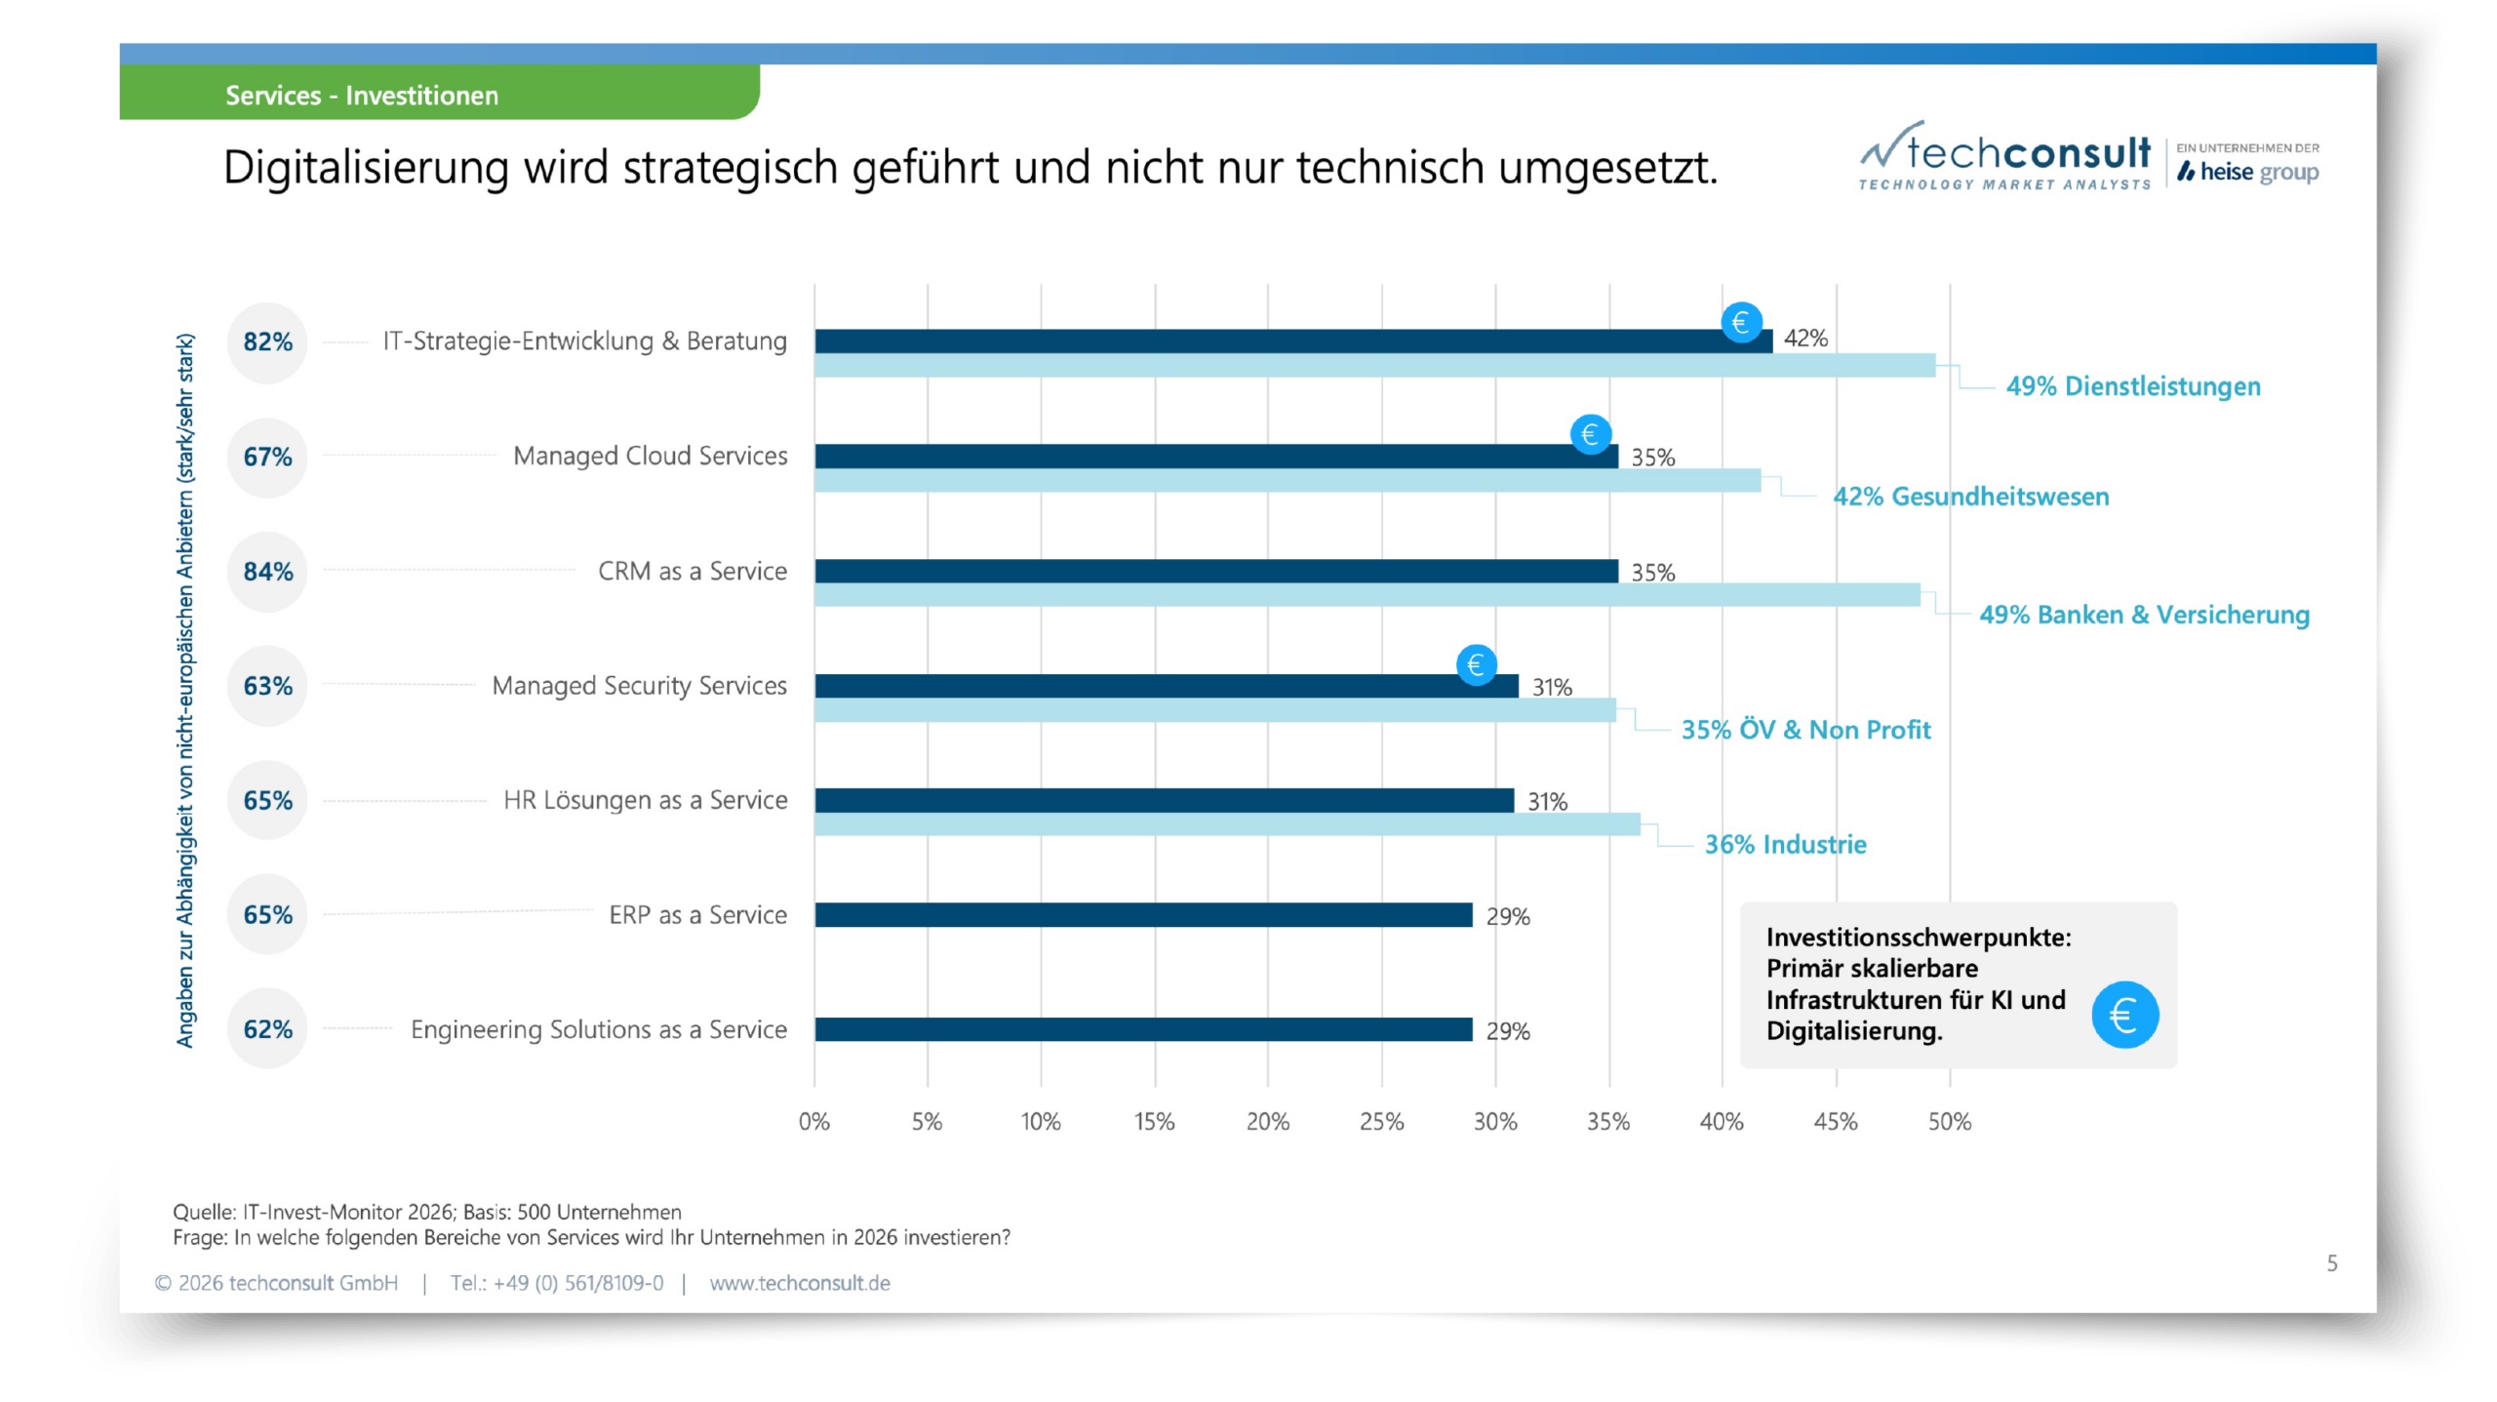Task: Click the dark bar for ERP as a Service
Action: point(1143,915)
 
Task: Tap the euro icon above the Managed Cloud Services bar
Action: point(1590,434)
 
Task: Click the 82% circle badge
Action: point(267,342)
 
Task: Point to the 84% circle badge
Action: point(267,572)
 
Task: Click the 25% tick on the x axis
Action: point(1381,1122)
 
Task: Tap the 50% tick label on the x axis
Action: point(1949,1122)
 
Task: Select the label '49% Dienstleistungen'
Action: point(2132,386)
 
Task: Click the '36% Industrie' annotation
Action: point(1785,845)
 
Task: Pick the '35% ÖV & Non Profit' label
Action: point(1805,730)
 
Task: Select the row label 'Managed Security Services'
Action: point(639,686)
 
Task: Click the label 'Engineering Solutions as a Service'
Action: point(598,1029)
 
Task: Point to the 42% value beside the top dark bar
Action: point(1805,339)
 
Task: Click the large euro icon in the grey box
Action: point(2124,1015)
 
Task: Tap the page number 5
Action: point(2331,1263)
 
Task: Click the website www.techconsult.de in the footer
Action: point(800,1283)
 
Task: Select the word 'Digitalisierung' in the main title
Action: point(366,168)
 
